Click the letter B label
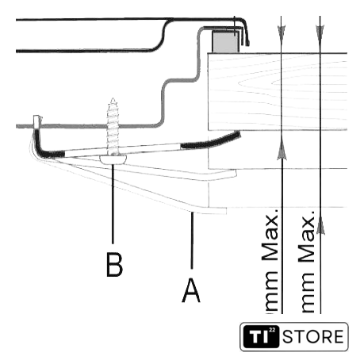coord(114,265)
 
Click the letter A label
coord(191,290)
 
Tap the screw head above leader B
coord(113,159)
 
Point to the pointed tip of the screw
coord(113,99)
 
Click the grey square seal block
coord(226,41)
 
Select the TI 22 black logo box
coord(261,337)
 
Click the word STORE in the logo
coord(313,337)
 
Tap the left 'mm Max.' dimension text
coord(270,262)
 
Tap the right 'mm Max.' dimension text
coord(307,262)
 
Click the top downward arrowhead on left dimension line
coord(282,33)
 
